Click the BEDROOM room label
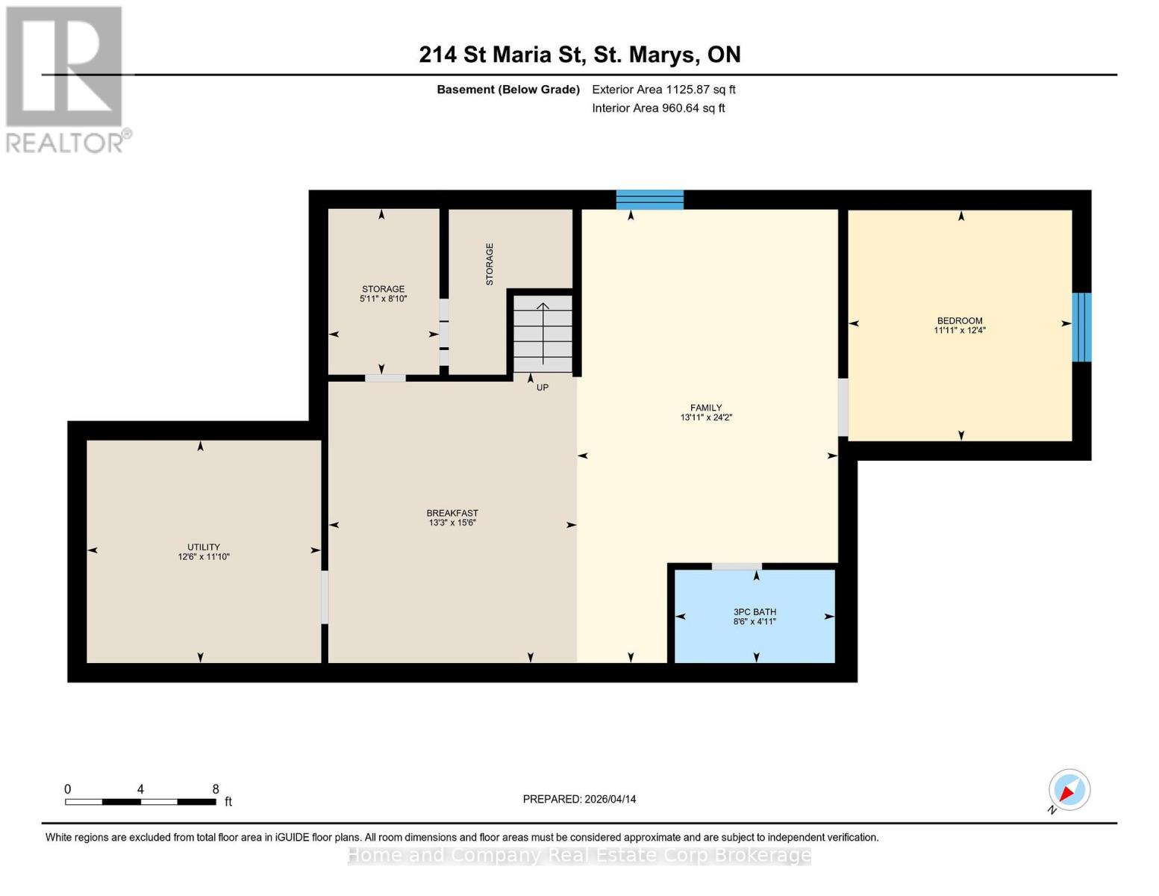[x=960, y=321]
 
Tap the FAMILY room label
[x=706, y=408]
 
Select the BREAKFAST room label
[x=452, y=513]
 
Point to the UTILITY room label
[x=204, y=547]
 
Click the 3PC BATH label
[x=755, y=612]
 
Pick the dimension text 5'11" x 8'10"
[x=383, y=299]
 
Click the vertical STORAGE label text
[x=490, y=264]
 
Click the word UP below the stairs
[x=543, y=388]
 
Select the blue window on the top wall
[x=650, y=199]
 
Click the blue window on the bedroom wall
[x=1081, y=327]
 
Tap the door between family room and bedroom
[x=843, y=407]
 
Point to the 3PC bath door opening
[x=736, y=566]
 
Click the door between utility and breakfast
[x=325, y=597]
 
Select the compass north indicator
[x=1069, y=790]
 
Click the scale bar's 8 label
[x=216, y=789]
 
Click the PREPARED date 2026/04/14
[x=579, y=799]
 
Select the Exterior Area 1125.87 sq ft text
[x=663, y=90]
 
